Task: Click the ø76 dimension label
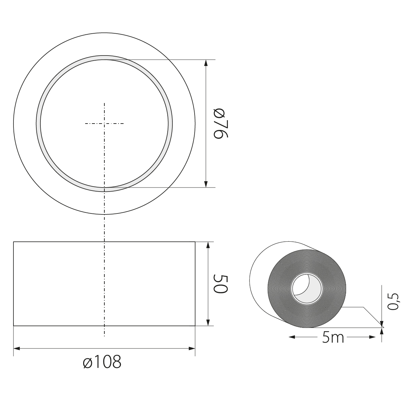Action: pos(221,124)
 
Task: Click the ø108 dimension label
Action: pos(102,362)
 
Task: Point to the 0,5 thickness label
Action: pos(393,301)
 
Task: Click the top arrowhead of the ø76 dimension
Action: pos(206,63)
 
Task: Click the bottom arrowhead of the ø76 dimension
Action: pos(206,184)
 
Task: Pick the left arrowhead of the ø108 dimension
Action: pos(17,348)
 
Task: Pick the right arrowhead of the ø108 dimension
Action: pos(192,348)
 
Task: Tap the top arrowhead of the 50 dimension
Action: pos(208,245)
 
